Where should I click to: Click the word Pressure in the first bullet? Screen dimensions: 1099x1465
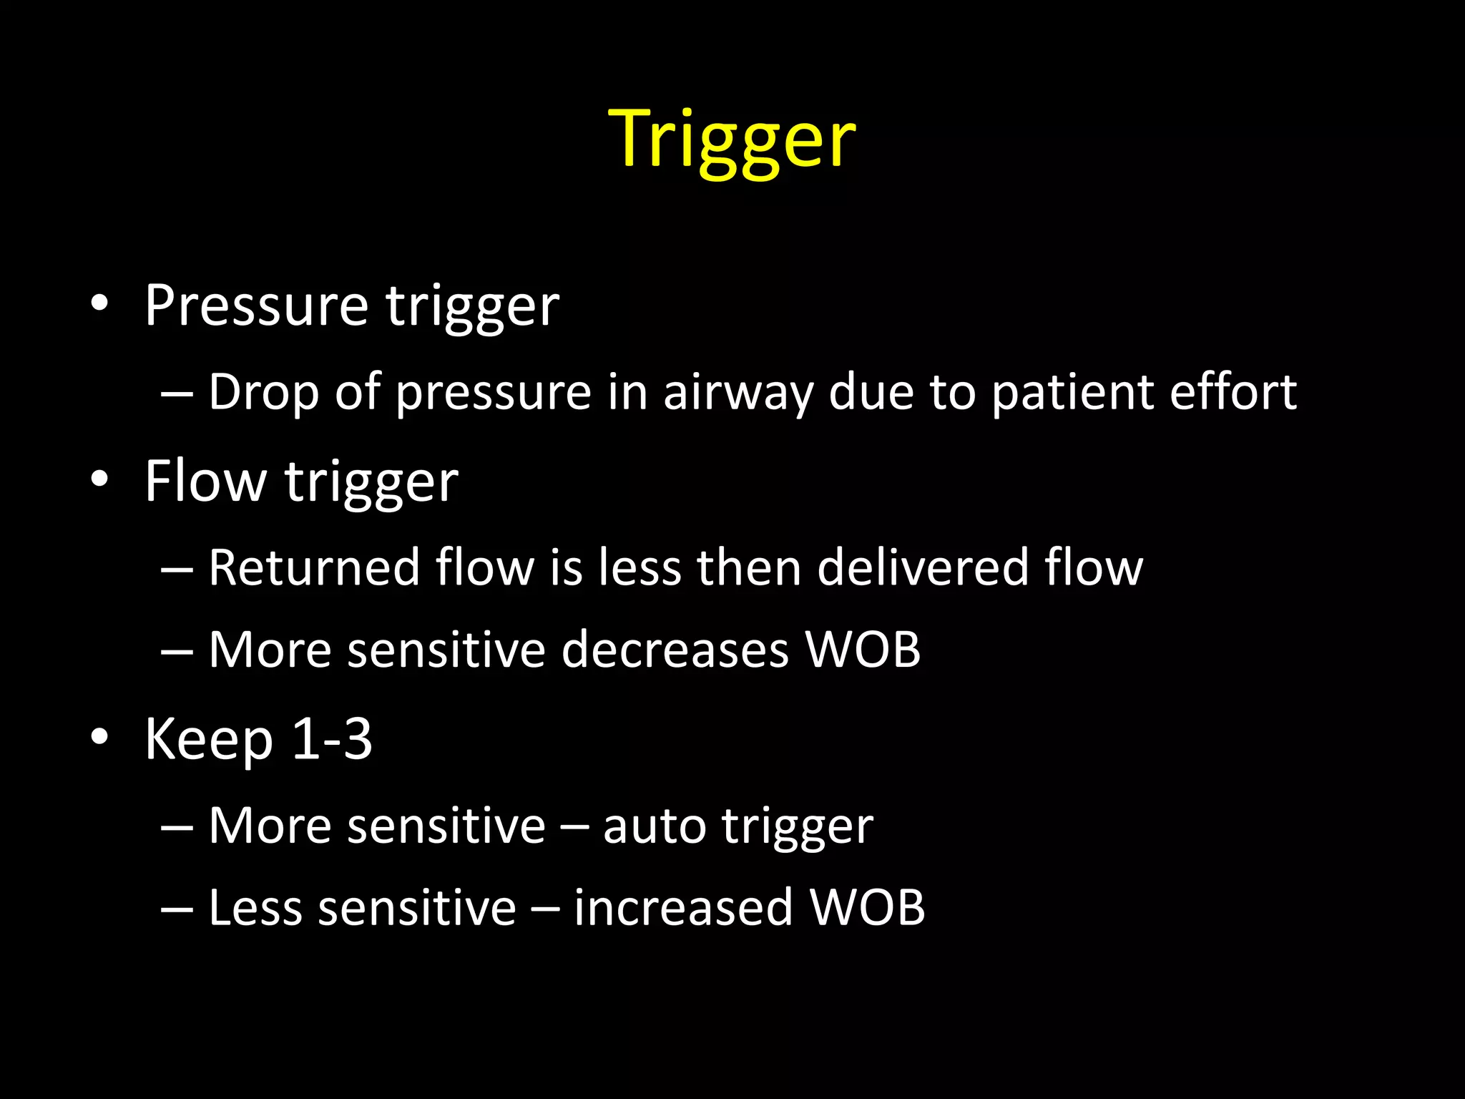point(256,306)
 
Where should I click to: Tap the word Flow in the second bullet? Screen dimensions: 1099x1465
point(205,481)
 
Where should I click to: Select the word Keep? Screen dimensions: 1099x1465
point(209,740)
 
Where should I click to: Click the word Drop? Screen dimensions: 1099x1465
point(263,392)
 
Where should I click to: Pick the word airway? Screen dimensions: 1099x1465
point(738,394)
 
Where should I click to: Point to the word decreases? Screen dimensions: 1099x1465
point(675,650)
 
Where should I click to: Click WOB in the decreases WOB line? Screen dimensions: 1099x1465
point(863,650)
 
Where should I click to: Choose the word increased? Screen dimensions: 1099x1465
point(683,907)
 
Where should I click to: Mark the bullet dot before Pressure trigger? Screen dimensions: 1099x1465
point(99,303)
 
